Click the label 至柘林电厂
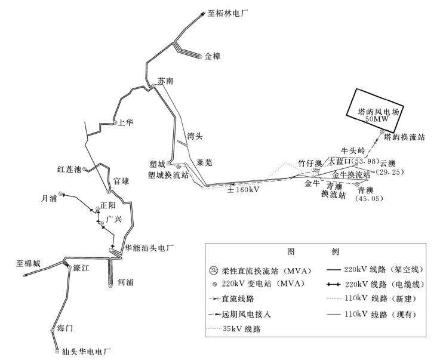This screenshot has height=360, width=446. click(x=231, y=11)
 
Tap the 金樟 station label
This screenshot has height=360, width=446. click(x=213, y=56)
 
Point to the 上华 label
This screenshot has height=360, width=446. click(x=125, y=123)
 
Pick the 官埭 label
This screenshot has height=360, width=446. click(x=121, y=181)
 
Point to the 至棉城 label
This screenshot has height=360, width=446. click(x=28, y=263)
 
